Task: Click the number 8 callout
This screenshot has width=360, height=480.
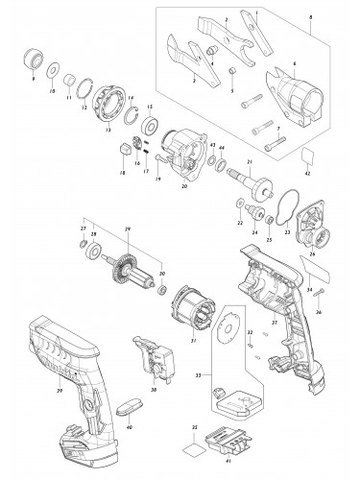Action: pyautogui.click(x=337, y=20)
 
